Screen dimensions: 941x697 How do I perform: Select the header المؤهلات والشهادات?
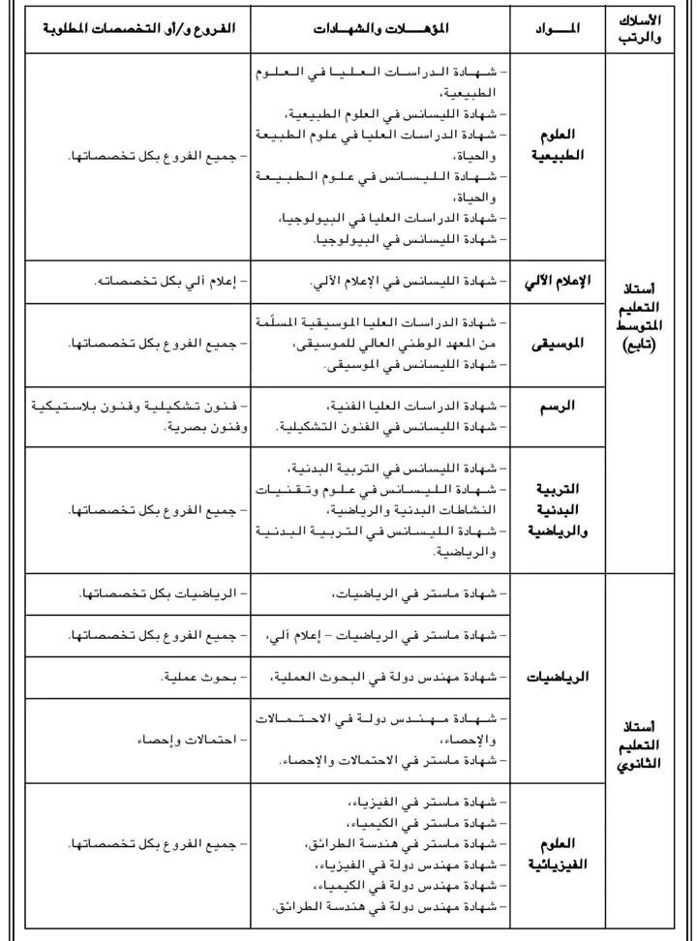[379, 29]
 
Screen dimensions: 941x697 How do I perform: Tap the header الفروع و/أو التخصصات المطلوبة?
[136, 29]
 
